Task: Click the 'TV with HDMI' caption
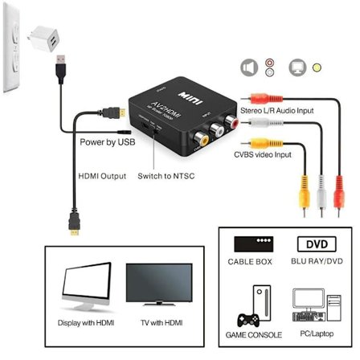(x=157, y=322)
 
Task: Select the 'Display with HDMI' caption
(x=86, y=322)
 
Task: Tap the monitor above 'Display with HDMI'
(x=84, y=286)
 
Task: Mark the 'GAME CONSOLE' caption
(x=252, y=333)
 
